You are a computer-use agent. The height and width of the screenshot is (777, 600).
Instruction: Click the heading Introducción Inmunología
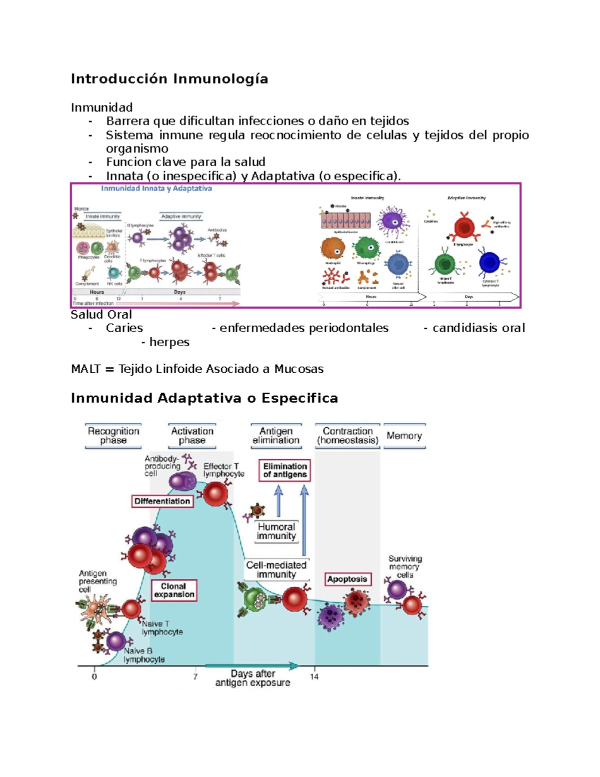[x=169, y=79]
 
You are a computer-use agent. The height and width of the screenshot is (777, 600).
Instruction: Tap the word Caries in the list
[x=124, y=328]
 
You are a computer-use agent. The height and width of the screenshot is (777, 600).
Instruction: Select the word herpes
[x=169, y=342]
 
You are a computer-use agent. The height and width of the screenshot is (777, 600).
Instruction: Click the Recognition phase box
[x=113, y=436]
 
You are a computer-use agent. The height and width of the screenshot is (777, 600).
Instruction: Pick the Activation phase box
[x=192, y=436]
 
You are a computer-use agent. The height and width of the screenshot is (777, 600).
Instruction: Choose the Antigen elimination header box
[x=276, y=436]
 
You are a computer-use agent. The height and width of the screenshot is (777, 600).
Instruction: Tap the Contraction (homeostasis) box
[x=347, y=436]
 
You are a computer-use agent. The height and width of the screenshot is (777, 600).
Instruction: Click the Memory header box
[x=404, y=436]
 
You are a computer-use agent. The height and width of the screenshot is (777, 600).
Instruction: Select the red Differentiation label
[x=162, y=501]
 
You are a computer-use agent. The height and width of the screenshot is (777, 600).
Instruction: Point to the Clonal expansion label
[x=174, y=590]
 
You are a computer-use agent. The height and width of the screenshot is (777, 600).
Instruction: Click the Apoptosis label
[x=347, y=579]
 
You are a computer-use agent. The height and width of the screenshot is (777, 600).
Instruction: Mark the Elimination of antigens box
[x=284, y=470]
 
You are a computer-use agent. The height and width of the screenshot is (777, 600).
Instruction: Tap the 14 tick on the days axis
[x=314, y=676]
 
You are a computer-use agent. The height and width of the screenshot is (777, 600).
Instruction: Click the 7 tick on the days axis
[x=195, y=676]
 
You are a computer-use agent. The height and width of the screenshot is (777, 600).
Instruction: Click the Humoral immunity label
[x=276, y=531]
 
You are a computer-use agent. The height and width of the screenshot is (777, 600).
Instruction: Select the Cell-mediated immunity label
[x=276, y=570]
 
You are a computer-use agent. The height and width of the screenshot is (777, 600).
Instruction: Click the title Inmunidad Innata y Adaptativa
[x=156, y=189]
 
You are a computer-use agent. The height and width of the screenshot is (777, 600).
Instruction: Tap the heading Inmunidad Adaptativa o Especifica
[x=204, y=398]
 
